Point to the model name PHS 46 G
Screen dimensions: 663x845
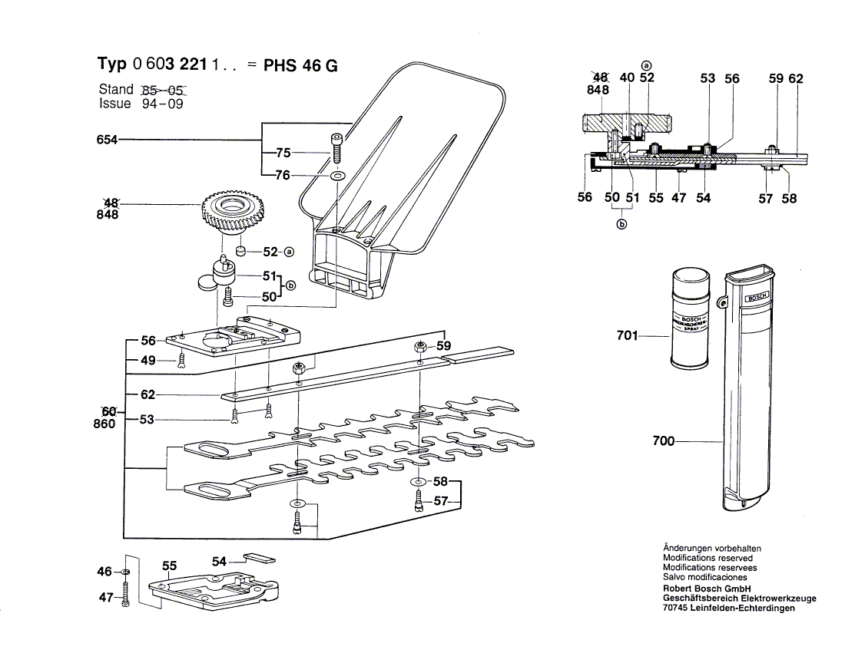[300, 65]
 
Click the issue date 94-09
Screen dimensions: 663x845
[162, 104]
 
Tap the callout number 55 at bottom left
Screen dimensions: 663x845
[170, 566]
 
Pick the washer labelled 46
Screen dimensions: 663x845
[126, 572]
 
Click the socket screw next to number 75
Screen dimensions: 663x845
[335, 147]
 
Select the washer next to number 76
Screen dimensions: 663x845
[336, 176]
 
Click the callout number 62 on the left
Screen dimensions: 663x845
[147, 394]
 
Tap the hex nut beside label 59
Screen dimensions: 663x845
[420, 347]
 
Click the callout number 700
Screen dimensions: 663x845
[663, 441]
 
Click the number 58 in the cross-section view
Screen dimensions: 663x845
[789, 198]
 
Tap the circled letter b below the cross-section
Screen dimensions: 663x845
[621, 224]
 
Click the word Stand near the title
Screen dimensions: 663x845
[116, 89]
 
